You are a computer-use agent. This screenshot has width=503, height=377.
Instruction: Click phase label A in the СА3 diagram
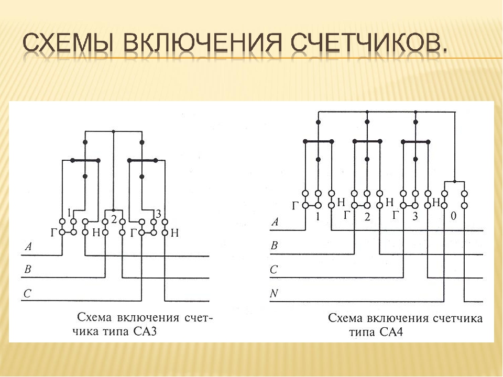click(x=28, y=247)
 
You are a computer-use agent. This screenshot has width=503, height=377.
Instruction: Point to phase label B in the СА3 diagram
click(x=28, y=269)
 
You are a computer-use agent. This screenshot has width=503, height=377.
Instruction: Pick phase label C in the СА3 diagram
click(x=27, y=293)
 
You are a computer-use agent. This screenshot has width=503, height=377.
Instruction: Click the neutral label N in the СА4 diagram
click(x=274, y=293)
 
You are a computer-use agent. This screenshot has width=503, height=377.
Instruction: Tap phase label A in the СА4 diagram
click(x=275, y=221)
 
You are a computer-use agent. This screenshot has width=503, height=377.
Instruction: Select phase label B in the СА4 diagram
click(x=274, y=246)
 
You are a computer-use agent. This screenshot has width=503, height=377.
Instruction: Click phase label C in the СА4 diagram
click(x=274, y=270)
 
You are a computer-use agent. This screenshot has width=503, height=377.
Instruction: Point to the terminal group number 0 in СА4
click(x=453, y=216)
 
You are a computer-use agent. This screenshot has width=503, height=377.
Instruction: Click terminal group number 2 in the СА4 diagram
click(x=367, y=217)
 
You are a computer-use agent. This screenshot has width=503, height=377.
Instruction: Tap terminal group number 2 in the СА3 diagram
click(x=114, y=219)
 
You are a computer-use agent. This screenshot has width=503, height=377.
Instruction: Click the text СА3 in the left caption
click(x=145, y=330)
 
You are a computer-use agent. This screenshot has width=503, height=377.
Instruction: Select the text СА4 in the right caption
click(x=391, y=331)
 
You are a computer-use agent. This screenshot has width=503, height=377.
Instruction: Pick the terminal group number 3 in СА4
click(x=415, y=217)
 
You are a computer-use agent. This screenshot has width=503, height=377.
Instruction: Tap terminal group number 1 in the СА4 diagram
click(x=318, y=217)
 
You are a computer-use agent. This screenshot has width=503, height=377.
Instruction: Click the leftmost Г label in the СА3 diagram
click(x=54, y=232)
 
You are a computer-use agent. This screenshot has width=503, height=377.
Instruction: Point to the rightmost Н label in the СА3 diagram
click(x=174, y=232)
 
